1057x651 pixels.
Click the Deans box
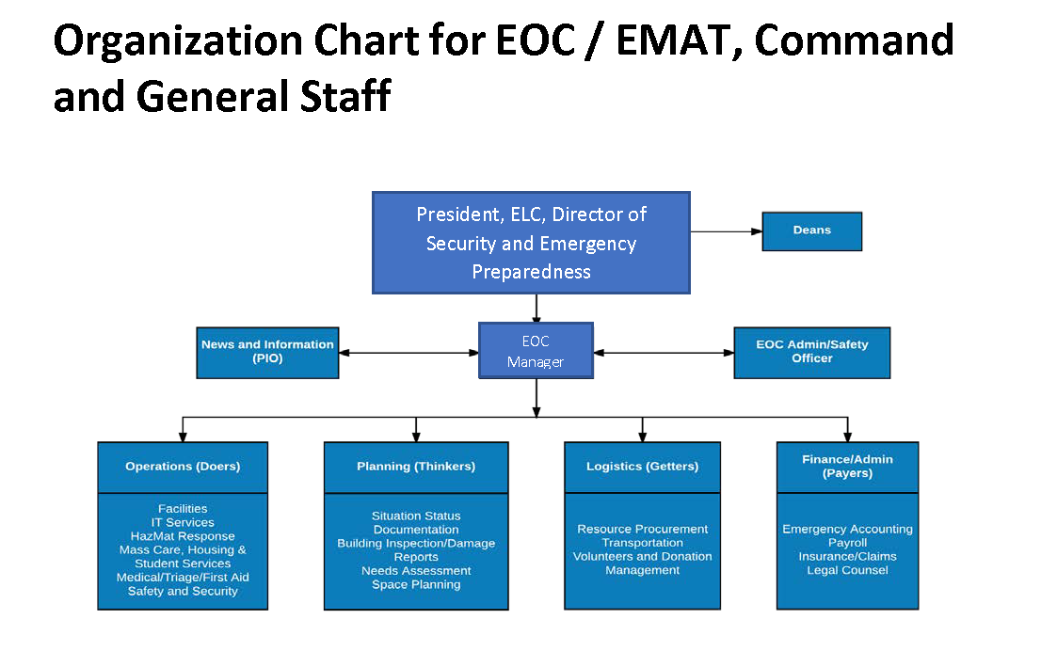811,231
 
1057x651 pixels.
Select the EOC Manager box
536,351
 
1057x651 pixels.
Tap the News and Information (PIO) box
267,353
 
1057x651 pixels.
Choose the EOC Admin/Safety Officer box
811,353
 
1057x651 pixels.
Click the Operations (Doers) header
183,467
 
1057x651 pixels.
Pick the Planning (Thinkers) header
416,467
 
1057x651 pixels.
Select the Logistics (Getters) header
643,467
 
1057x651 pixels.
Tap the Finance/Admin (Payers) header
847,467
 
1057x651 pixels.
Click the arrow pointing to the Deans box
726,231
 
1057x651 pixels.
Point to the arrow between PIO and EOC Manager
408,353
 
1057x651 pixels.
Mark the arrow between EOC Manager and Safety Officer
664,353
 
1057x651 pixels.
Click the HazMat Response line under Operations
183,536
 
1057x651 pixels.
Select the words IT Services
183,522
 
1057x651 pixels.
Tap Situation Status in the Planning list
416,516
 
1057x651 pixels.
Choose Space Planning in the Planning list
416,584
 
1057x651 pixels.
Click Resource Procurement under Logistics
643,529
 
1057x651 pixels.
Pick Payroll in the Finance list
847,543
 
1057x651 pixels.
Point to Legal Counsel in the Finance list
847,570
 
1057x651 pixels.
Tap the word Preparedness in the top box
531,272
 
